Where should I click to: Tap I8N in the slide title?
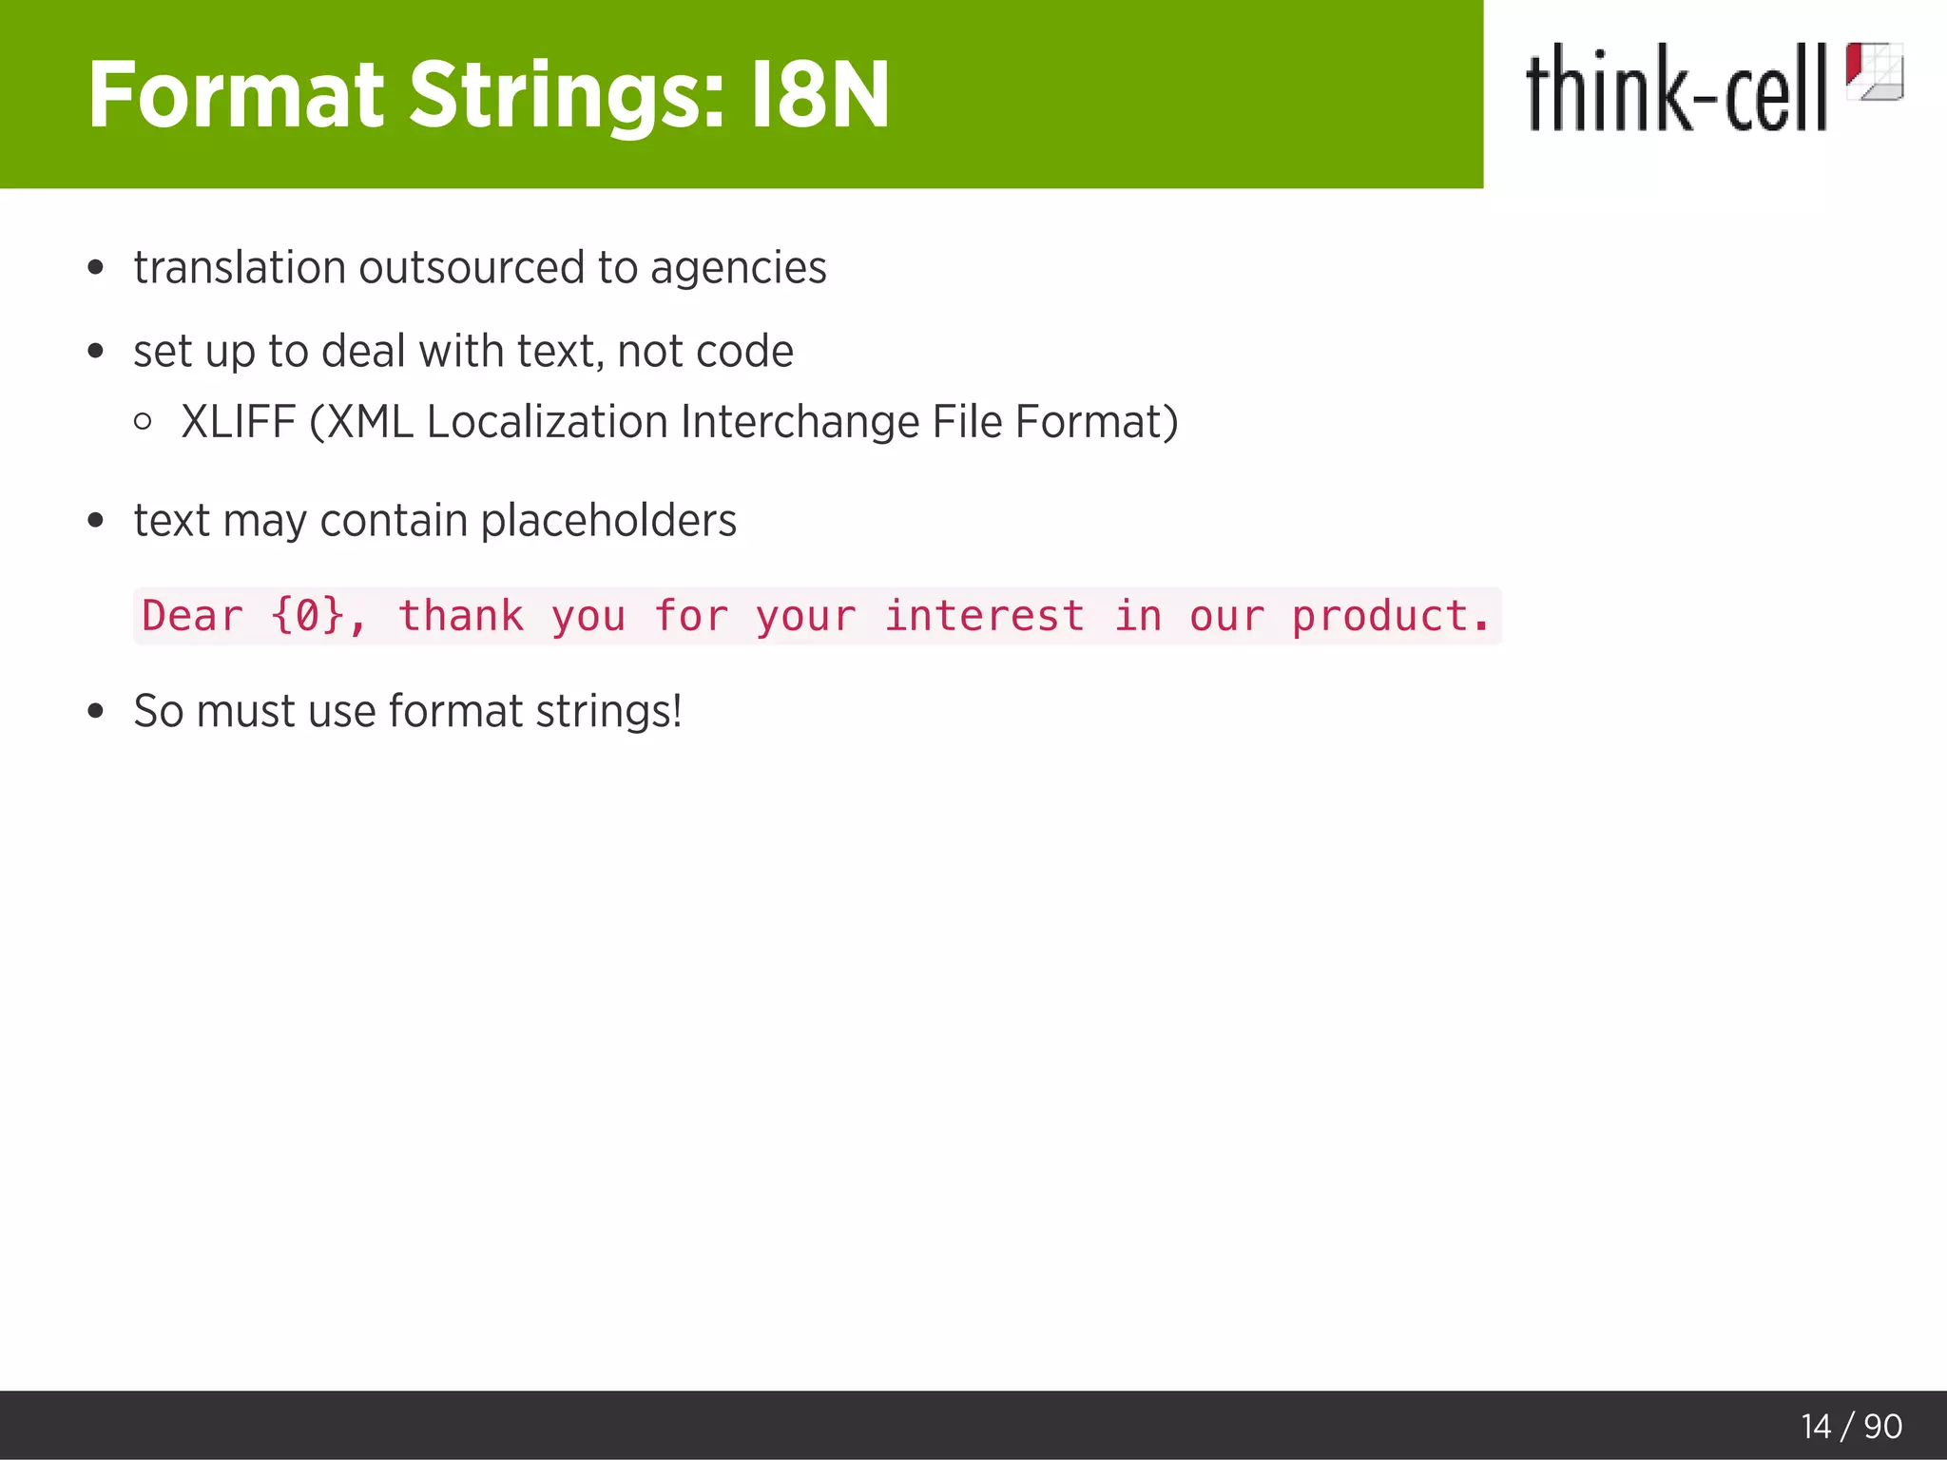819,95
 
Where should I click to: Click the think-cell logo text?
1676,89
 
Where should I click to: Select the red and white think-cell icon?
1874,71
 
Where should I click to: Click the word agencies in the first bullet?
738,269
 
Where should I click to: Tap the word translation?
240,268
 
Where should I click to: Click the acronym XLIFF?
239,422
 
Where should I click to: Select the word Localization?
547,422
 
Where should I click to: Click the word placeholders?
608,521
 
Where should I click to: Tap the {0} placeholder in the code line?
307,616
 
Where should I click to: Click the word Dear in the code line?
192,616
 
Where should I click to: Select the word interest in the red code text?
984,616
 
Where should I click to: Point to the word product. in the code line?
1390,616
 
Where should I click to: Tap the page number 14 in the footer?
1815,1427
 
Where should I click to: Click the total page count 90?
1882,1427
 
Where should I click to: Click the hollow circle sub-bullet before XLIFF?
144,421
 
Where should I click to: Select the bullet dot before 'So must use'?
95,711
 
